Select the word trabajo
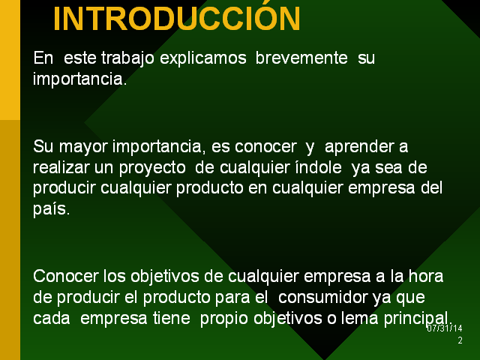127,58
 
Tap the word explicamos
203,58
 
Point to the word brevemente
301,58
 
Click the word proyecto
152,168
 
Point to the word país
52,209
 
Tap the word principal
418,319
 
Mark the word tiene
172,318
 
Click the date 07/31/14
445,328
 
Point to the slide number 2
460,340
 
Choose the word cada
52,318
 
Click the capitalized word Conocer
66,276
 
